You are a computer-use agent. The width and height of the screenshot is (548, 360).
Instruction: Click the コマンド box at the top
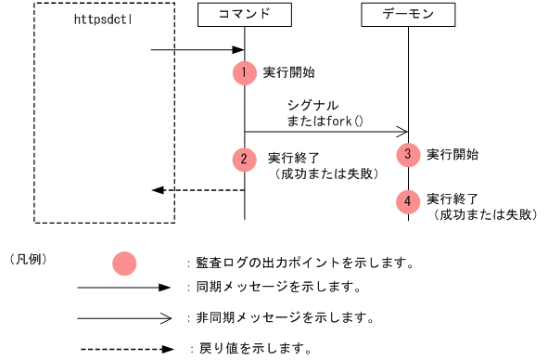(x=244, y=16)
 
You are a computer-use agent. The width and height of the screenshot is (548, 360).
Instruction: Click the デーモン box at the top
(x=407, y=16)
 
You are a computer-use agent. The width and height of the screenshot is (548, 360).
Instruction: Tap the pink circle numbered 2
(x=244, y=159)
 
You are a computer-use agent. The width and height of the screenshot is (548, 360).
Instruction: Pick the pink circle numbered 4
(x=407, y=200)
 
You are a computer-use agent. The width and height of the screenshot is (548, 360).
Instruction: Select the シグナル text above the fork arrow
(x=312, y=106)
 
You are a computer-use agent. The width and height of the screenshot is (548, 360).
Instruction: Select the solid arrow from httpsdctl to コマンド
(x=198, y=50)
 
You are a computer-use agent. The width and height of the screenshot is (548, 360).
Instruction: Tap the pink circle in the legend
(x=123, y=264)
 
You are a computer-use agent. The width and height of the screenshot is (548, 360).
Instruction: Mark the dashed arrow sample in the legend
(x=124, y=350)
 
